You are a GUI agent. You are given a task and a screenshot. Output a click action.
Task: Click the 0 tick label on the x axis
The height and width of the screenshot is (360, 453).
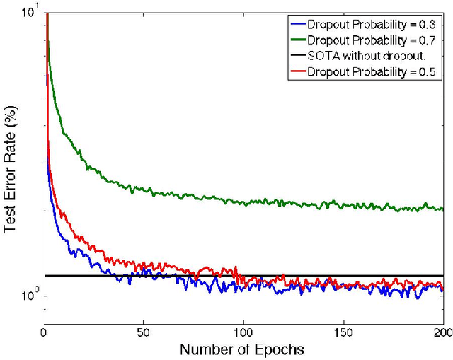coord(45,331)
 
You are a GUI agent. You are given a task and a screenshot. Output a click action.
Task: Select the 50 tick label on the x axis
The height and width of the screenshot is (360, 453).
coord(144,331)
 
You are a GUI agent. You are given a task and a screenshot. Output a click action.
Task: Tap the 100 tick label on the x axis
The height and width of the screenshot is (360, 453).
coord(243,331)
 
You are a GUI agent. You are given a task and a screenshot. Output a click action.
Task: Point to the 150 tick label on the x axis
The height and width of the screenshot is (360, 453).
coord(343,331)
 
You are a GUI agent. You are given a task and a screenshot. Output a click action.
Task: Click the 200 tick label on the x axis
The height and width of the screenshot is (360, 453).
coord(441,331)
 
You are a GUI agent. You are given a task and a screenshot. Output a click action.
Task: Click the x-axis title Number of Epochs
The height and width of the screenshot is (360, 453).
coord(243,349)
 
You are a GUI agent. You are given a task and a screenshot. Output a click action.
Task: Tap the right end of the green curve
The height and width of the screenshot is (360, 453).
coord(442,209)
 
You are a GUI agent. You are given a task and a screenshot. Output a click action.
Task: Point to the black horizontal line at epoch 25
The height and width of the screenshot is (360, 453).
coord(95,276)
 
